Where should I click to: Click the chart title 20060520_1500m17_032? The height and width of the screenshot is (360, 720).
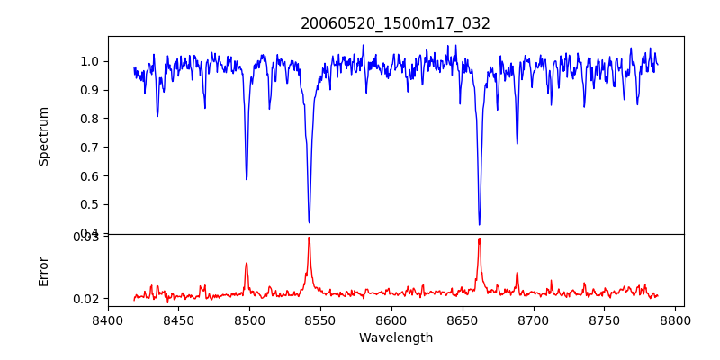[395, 23]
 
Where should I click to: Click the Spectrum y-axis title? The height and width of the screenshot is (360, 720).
[44, 136]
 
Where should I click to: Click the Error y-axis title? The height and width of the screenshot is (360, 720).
[44, 271]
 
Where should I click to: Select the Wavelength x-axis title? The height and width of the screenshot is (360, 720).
[395, 338]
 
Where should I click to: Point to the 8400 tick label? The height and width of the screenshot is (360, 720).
[108, 319]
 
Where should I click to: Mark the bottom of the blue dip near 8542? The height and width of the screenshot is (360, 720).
[309, 222]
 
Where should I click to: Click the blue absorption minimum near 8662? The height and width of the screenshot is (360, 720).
[479, 224]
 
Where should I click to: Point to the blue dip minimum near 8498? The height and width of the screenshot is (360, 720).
[247, 179]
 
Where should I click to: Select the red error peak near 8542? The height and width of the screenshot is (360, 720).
[309, 238]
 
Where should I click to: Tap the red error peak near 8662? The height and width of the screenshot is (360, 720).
[479, 239]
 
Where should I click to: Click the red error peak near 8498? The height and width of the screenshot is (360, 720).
[247, 264]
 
